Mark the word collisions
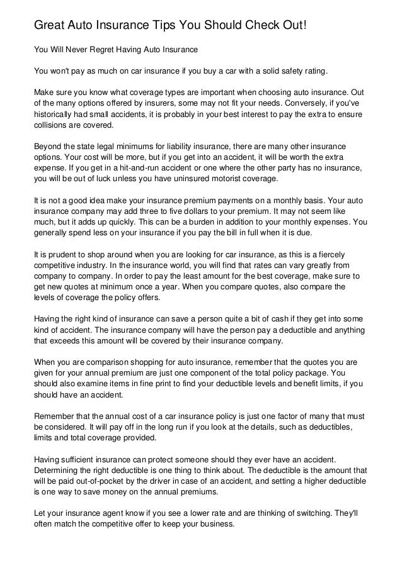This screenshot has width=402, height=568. (53, 125)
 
